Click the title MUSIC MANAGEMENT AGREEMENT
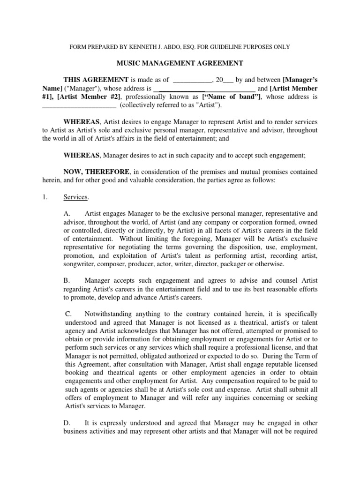tap(180, 63)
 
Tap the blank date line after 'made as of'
tap(192, 80)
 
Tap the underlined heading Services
tap(76, 197)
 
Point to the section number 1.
tap(45, 197)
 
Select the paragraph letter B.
tap(67, 280)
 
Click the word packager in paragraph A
tap(241, 264)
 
